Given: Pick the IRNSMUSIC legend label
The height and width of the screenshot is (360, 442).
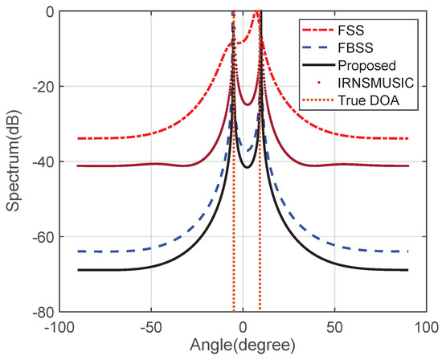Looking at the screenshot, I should click(372, 80).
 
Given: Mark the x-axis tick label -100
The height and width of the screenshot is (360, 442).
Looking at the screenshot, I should click(62, 328).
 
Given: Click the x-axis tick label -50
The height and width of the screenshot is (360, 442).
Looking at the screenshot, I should click(153, 328).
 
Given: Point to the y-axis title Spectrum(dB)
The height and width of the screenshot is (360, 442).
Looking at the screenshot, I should click(14, 162).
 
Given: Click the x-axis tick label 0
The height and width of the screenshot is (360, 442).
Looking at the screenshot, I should click(244, 328).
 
